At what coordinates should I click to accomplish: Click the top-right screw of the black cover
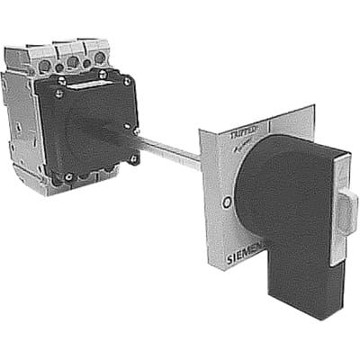point(127,81)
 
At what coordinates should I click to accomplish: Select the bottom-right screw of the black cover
point(134,159)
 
